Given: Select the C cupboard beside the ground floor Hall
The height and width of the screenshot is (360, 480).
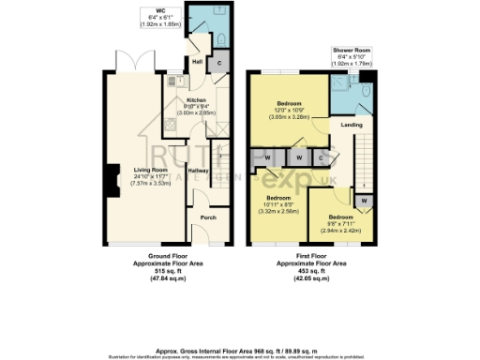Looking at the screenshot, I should pos(219,64).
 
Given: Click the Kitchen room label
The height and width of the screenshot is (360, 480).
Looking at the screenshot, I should pos(196,99).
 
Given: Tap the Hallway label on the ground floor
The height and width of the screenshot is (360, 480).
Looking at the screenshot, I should pos(198,171).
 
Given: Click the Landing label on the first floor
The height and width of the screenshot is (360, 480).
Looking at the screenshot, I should pos(352,124).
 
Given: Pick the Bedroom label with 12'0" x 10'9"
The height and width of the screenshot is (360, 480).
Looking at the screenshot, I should pos(291,104).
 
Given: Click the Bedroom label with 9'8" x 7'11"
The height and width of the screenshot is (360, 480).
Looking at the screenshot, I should pos(339,216).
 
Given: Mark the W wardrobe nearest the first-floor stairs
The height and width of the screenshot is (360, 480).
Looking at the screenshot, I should pos(363,200).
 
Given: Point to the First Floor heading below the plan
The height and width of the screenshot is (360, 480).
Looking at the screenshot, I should pos(313,256).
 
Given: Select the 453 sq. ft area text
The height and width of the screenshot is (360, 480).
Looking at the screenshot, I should pos(313,271).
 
